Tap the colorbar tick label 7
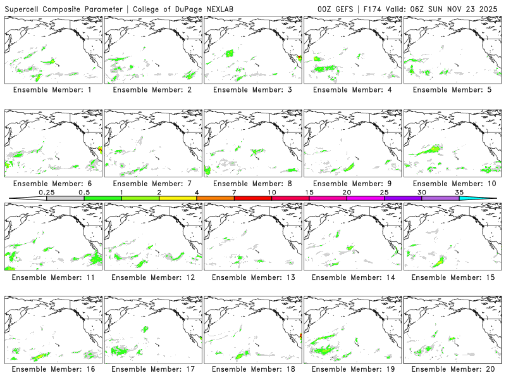coord(234,192)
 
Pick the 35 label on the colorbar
coord(459,192)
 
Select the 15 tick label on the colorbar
coord(309,192)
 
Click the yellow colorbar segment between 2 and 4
coord(178,198)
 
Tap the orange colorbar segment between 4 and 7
coord(215,198)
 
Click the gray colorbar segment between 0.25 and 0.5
coord(65,198)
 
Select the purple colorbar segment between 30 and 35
coord(440,198)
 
